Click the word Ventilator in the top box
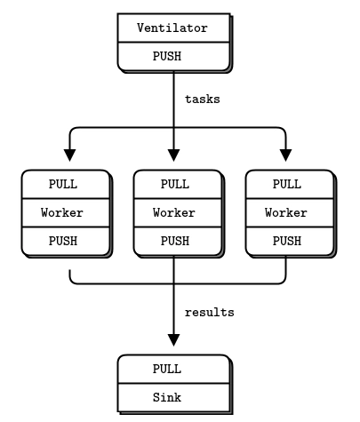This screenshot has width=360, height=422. point(172,28)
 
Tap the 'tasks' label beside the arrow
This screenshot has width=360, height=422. point(202,100)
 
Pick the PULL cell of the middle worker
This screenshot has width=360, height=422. point(173,185)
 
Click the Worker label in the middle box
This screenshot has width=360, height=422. point(173,212)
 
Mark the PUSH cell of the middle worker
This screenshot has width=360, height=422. point(173,240)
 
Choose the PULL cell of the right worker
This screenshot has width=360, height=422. point(285,185)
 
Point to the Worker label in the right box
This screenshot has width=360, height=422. point(285,212)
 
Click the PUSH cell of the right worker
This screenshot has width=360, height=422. point(285,240)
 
